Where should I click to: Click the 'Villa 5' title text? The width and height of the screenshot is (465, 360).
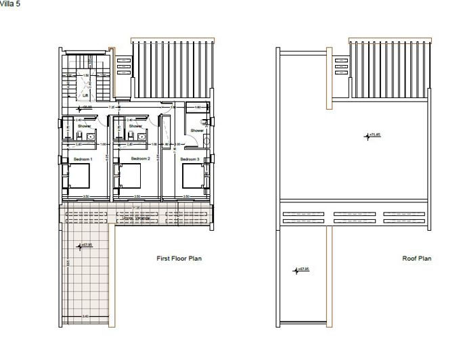[x=9, y=3]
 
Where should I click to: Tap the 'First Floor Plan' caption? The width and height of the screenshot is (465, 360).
[x=179, y=258]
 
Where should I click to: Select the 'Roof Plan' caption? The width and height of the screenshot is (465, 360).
[x=416, y=258]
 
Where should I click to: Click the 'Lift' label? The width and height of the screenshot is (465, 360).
[x=86, y=96]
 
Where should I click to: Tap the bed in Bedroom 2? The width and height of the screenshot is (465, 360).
[x=131, y=177]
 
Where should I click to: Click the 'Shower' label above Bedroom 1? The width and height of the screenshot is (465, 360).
[x=84, y=126]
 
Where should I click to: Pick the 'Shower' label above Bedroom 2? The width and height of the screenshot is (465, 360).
[x=135, y=126]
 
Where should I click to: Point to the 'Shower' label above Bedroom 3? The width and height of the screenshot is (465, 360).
[x=196, y=131]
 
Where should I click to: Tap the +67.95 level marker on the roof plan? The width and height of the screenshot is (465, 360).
[x=301, y=270]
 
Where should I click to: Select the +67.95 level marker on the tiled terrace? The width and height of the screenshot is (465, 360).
[x=87, y=245]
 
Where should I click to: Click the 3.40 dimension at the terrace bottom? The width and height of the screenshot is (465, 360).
[x=85, y=317]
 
